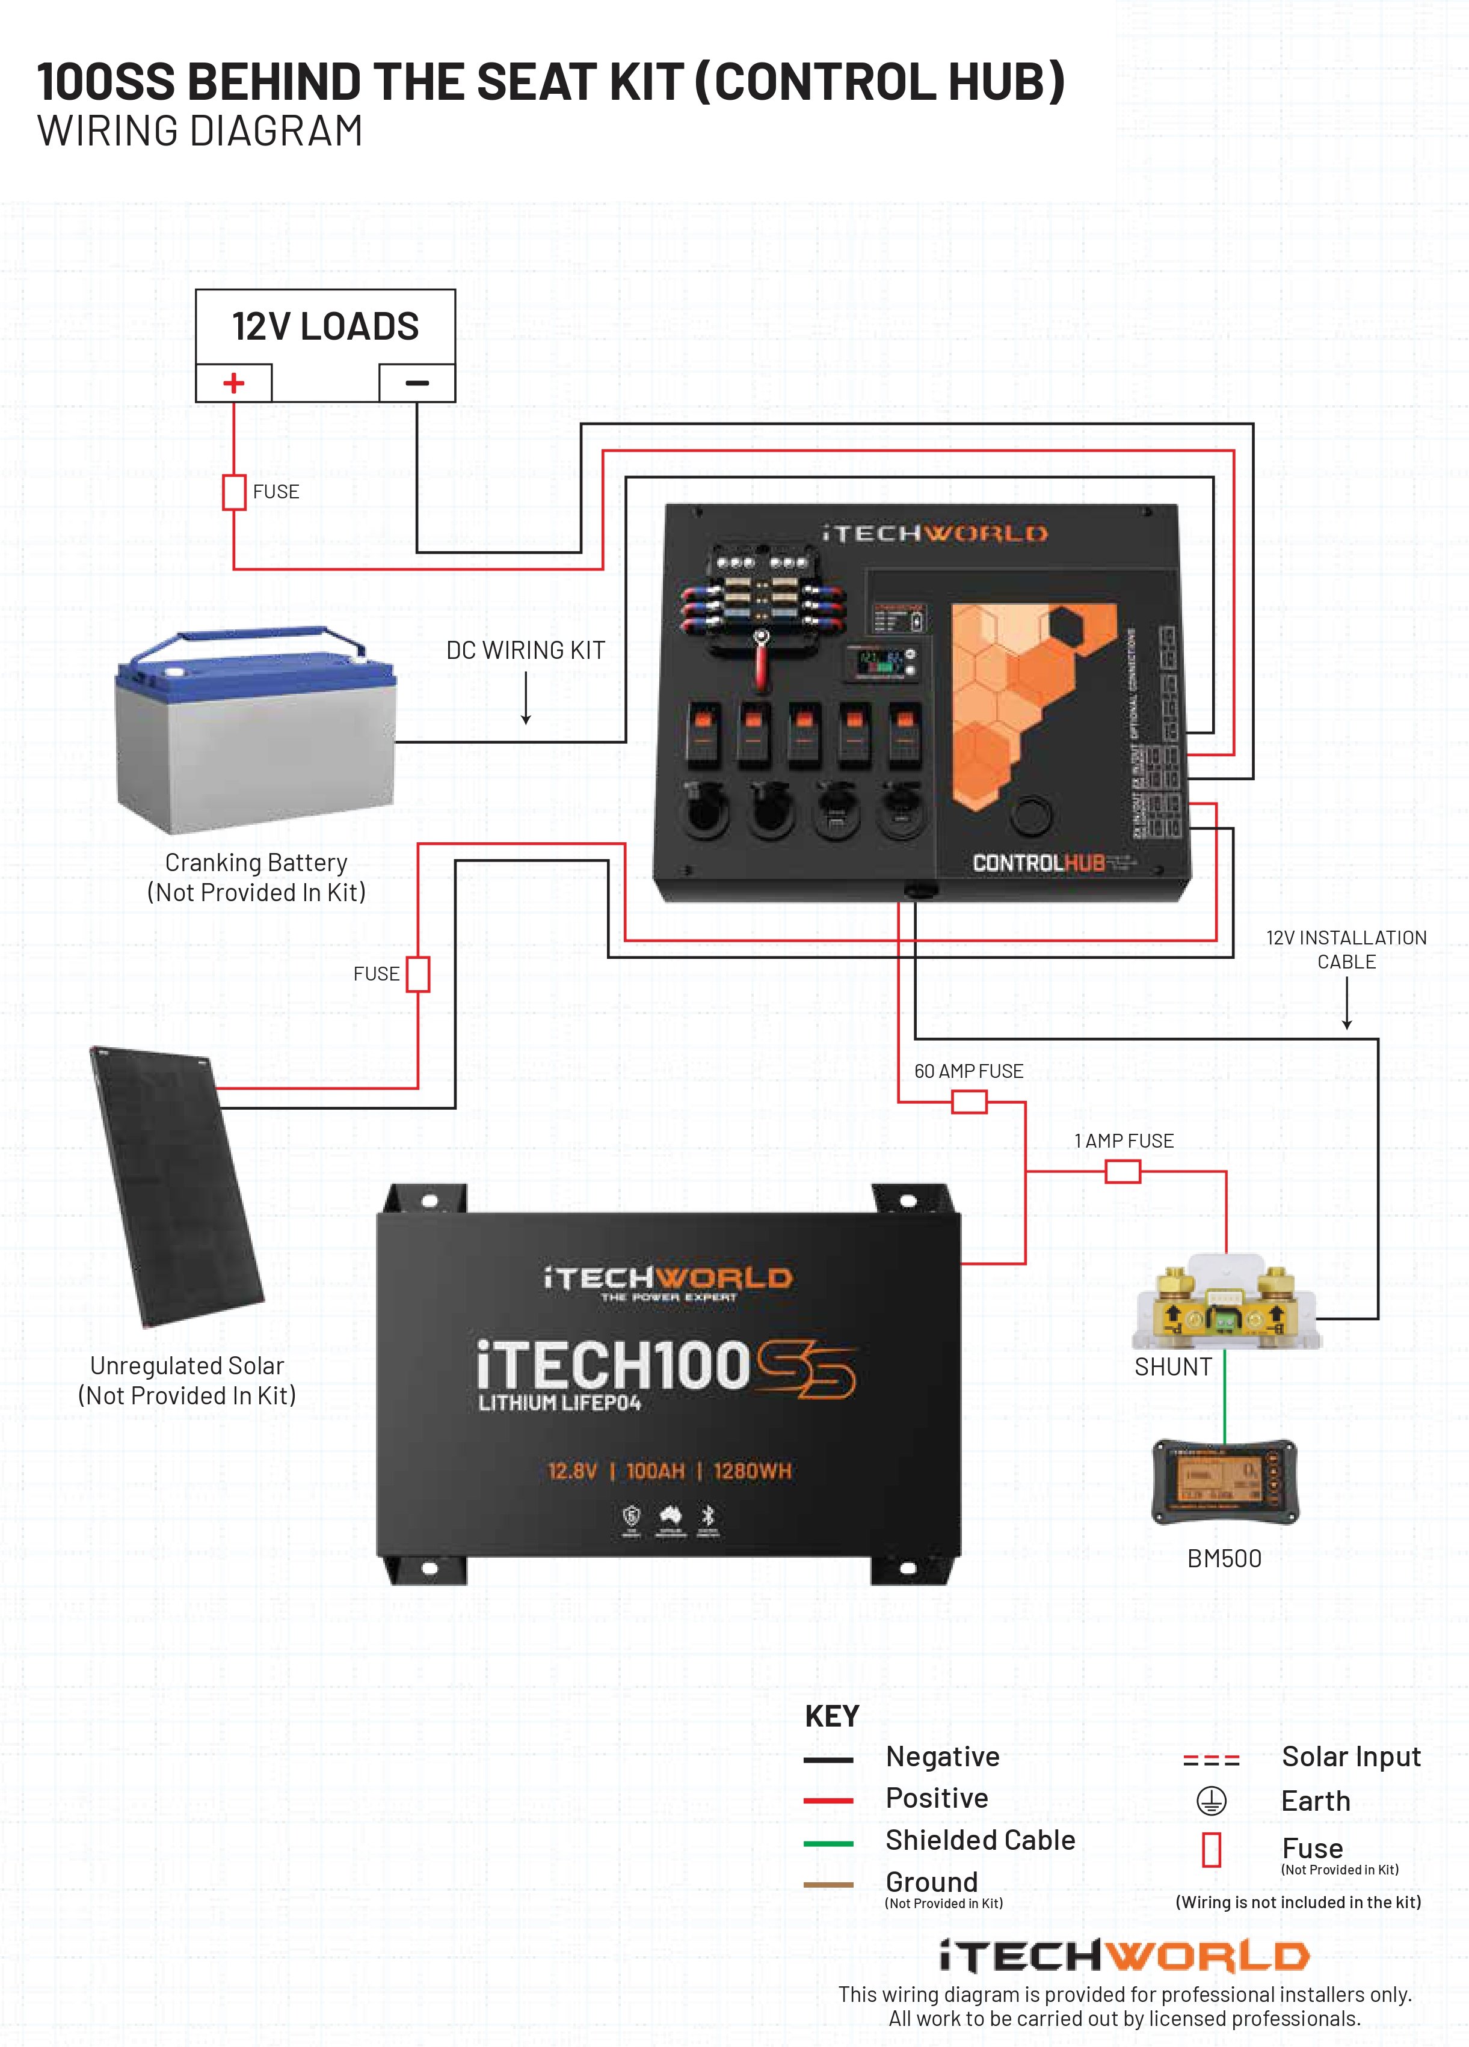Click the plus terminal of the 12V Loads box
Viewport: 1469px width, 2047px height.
pyautogui.click(x=234, y=384)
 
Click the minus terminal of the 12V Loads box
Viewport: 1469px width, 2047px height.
pyautogui.click(x=416, y=384)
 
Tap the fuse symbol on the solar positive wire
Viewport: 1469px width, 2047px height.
pyautogui.click(x=418, y=974)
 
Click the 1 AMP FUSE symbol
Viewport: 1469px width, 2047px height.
pyautogui.click(x=1123, y=1172)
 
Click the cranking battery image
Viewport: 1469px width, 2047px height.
pyautogui.click(x=256, y=733)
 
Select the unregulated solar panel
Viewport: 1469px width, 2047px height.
pyautogui.click(x=176, y=1187)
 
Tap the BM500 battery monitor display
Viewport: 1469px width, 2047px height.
pyautogui.click(x=1224, y=1482)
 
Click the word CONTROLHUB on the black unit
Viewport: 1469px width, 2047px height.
pyautogui.click(x=1038, y=863)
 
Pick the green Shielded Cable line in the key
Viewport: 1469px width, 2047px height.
pyautogui.click(x=828, y=1844)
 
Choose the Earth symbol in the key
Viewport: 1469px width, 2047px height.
pyautogui.click(x=1211, y=1801)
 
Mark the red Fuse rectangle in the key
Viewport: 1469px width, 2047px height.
pyautogui.click(x=1212, y=1849)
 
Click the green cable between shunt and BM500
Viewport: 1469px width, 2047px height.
pyautogui.click(x=1224, y=1395)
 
